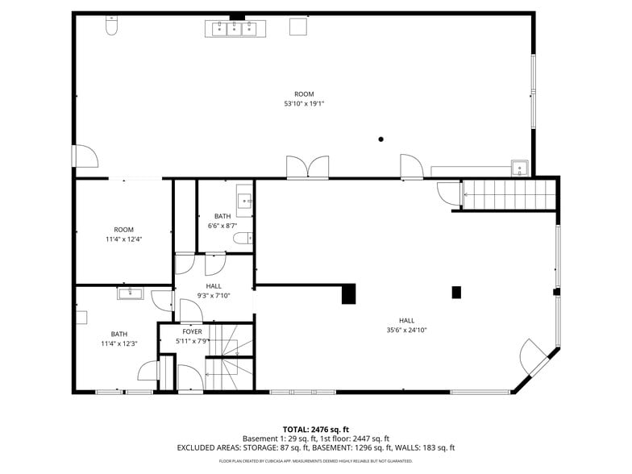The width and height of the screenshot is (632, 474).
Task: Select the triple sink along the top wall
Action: coord(235,29)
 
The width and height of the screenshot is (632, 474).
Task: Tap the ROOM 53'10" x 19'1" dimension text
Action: coord(304,99)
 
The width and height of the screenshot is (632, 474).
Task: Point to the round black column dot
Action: coord(381,139)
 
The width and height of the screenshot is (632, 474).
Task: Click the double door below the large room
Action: coord(307,167)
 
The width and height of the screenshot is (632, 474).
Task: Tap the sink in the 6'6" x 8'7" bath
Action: coord(244,200)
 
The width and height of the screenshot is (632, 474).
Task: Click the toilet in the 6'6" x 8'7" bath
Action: coord(243,238)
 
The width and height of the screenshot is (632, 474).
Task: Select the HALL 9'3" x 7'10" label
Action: coord(214,291)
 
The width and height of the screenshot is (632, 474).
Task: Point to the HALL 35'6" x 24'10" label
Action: coord(406,325)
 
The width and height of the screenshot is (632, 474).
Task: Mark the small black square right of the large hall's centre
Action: coord(456,292)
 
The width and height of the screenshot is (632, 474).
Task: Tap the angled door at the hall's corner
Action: coord(535,356)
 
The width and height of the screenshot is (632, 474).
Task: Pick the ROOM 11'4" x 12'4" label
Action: coord(123,235)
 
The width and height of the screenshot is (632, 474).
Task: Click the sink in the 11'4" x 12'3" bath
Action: coord(130,293)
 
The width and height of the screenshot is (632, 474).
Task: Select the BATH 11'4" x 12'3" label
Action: coord(119,339)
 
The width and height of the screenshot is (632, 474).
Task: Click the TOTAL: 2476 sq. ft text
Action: coord(315,429)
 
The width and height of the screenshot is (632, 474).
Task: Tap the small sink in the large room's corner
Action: coord(521,168)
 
